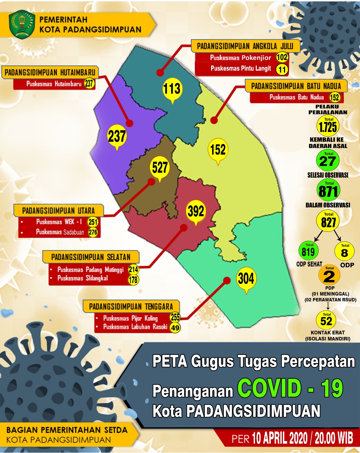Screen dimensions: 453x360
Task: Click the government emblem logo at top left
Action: tap(22, 24)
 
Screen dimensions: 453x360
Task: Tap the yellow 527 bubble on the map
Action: tap(160, 167)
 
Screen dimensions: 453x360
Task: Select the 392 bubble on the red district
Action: tap(196, 211)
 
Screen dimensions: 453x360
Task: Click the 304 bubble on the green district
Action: tap(246, 279)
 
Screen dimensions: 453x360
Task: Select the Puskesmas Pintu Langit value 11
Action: tap(282, 69)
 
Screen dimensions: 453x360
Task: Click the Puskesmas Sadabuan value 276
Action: tap(93, 233)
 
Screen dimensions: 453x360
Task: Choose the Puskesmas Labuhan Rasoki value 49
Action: tap(175, 328)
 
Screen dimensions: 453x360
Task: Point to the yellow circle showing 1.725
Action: tap(328, 126)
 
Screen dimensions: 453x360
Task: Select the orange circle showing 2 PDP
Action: tap(329, 276)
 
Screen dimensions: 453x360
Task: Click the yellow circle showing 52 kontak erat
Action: tap(326, 320)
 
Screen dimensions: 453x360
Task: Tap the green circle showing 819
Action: tap(308, 251)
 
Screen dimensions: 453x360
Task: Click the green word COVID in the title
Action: tap(269, 388)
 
